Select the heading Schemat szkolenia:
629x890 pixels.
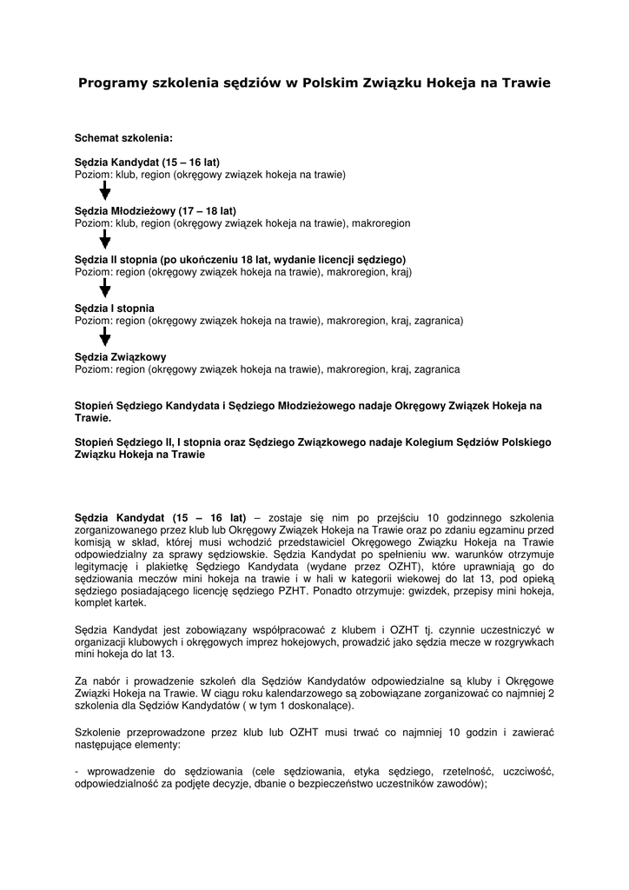pyautogui.click(x=123, y=138)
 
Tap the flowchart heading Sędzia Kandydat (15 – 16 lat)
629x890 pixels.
pyautogui.click(x=147, y=163)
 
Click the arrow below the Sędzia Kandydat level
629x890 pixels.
pyautogui.click(x=105, y=191)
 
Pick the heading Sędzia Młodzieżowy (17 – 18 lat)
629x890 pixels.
pyautogui.click(x=155, y=211)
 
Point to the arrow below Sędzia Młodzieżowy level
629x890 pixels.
pyautogui.click(x=105, y=240)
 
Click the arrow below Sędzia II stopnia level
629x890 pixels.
pyautogui.click(x=105, y=289)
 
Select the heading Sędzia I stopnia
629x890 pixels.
pyautogui.click(x=115, y=309)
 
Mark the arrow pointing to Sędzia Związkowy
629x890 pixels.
pyautogui.click(x=105, y=337)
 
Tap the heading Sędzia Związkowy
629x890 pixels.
pyautogui.click(x=120, y=357)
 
